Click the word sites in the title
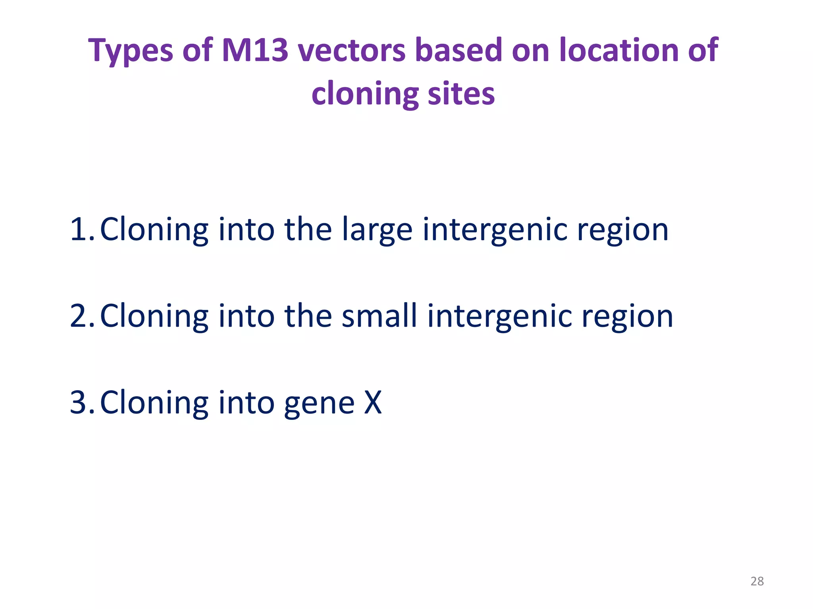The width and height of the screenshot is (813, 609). click(x=461, y=94)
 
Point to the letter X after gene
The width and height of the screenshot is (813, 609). click(x=373, y=402)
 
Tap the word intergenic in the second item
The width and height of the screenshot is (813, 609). click(x=500, y=316)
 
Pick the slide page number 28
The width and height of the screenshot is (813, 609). click(x=757, y=581)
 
